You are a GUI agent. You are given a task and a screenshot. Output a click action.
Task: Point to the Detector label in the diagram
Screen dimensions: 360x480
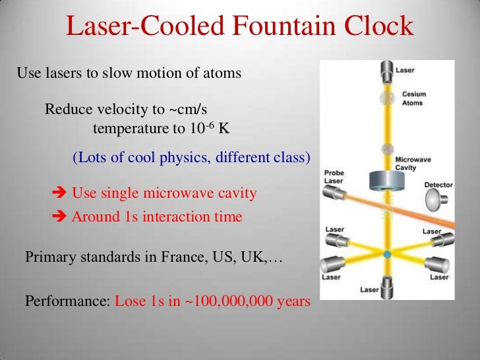[x=438, y=185]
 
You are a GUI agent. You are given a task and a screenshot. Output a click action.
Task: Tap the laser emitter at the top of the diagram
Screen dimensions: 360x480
[x=386, y=68]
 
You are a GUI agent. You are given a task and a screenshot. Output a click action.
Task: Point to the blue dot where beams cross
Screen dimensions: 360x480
[x=387, y=254]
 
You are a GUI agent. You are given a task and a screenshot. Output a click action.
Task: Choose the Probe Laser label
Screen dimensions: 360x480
[x=334, y=177]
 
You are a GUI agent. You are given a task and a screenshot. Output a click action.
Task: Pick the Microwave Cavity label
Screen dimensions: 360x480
[x=415, y=163]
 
